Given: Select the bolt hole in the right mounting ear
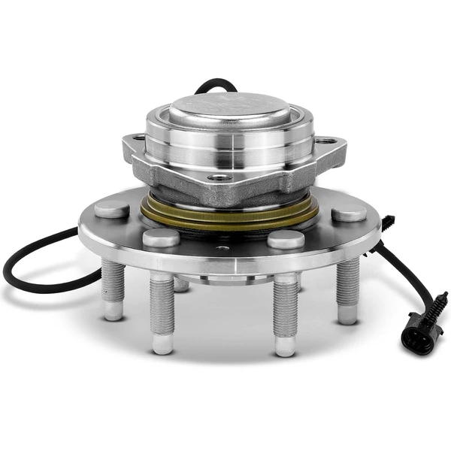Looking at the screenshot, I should (x=325, y=141).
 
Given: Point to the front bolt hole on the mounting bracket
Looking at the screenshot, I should (x=219, y=177).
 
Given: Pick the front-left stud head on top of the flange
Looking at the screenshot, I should (x=161, y=238).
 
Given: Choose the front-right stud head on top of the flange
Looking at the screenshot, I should (x=286, y=239).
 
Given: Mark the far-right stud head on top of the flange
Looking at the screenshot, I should (x=349, y=212).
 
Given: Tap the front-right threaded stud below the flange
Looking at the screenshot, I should (x=285, y=312).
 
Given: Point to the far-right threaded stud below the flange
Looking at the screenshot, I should (x=347, y=289).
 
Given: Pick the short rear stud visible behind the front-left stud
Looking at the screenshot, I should (x=181, y=284).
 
